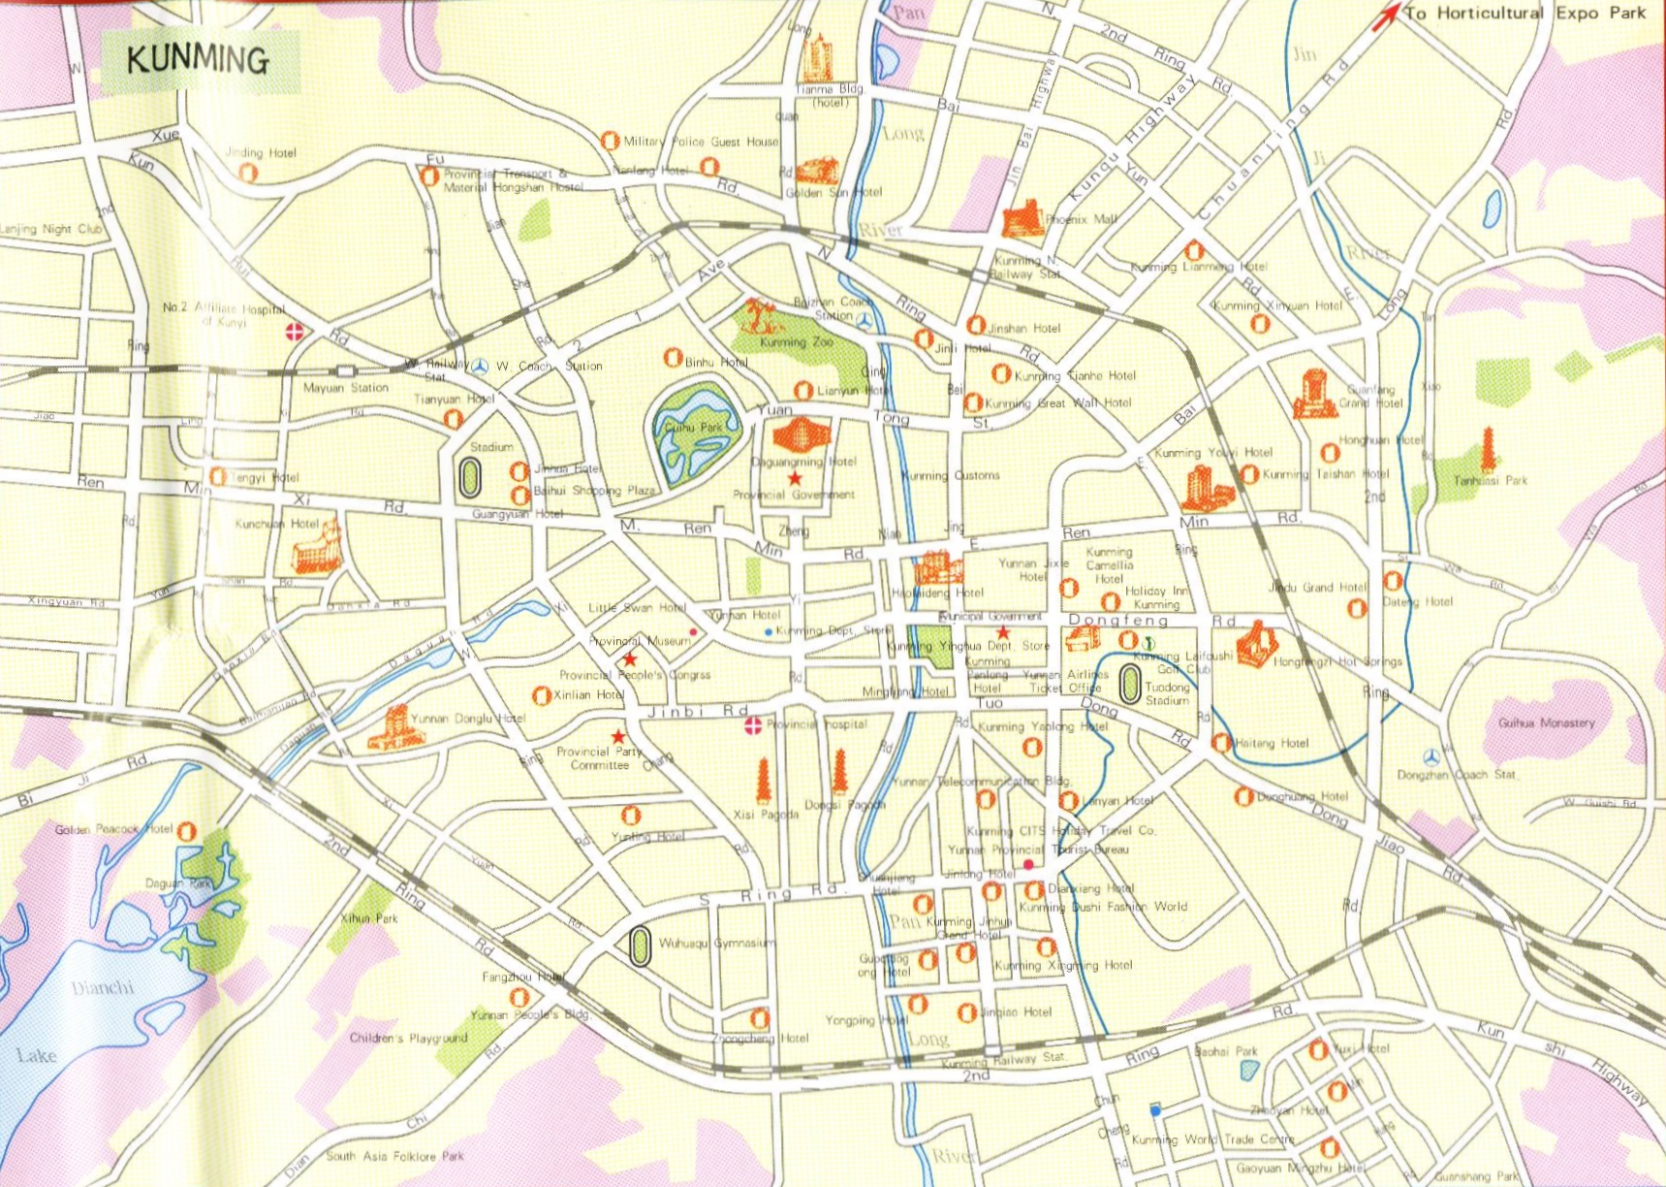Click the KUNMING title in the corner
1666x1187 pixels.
(198, 60)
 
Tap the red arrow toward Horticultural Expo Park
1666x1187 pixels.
(1389, 15)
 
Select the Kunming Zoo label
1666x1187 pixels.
(796, 342)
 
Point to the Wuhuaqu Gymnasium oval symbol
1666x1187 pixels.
(640, 946)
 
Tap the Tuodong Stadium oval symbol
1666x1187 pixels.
(1129, 685)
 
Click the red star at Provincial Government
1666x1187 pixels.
(795, 478)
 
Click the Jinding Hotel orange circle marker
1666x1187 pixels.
(248, 173)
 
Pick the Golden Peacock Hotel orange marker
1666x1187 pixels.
(187, 831)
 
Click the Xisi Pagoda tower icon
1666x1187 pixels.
(764, 781)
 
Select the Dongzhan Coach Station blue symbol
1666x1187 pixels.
(1431, 757)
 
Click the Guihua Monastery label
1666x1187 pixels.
(1546, 722)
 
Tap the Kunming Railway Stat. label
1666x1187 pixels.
(1004, 1059)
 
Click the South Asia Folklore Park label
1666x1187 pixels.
(394, 1156)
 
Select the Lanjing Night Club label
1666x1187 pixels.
(50, 229)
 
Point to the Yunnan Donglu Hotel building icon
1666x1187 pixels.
(394, 727)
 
